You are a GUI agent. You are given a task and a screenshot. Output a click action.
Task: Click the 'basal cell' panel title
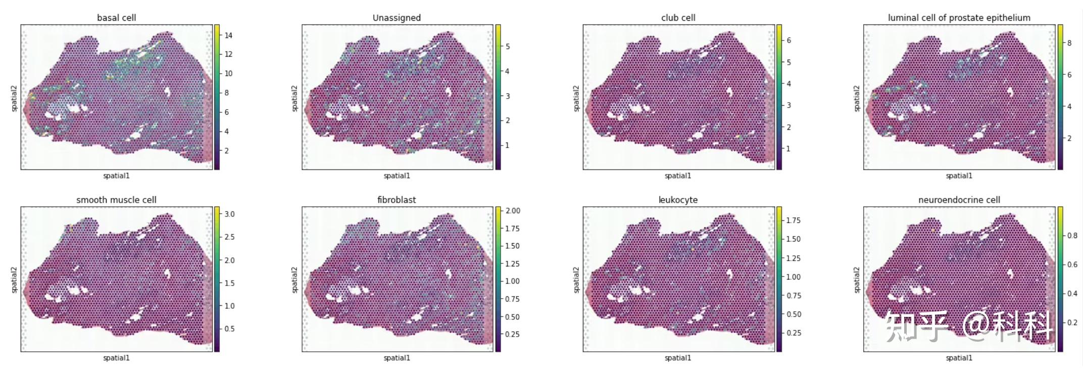click(x=116, y=18)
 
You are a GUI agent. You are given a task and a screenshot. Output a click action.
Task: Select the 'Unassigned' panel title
click(x=397, y=18)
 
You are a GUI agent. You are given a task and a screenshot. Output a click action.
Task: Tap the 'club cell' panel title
click(x=678, y=18)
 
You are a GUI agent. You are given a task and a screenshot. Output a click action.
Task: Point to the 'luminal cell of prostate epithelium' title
click(x=959, y=18)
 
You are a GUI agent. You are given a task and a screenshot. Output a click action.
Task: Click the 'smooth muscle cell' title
click(x=116, y=200)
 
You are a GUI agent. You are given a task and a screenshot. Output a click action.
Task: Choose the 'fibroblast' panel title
click(x=397, y=200)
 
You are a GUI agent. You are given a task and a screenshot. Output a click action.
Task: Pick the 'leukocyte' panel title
click(x=678, y=200)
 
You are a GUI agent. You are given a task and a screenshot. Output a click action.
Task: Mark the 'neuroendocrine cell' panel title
click(x=959, y=200)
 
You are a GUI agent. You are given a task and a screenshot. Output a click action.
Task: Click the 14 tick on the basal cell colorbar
click(x=228, y=35)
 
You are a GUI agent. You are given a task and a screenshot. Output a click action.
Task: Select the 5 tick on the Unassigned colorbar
click(x=508, y=47)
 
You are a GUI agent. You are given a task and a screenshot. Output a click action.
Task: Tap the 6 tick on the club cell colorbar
click(x=789, y=40)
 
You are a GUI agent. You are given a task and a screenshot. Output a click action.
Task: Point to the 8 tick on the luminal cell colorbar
click(x=1069, y=43)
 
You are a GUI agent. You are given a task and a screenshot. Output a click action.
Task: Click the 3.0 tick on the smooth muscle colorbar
click(x=229, y=214)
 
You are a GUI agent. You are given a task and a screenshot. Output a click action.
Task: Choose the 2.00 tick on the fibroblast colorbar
click(x=513, y=211)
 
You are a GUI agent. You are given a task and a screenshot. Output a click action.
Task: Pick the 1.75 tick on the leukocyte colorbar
click(x=794, y=220)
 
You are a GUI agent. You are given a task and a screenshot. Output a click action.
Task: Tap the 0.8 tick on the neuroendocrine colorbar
click(x=1071, y=236)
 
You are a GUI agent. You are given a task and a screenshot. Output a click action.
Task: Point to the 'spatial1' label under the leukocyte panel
click(x=678, y=358)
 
